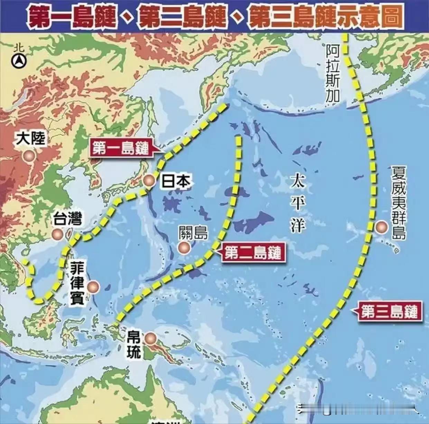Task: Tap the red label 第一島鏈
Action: pyautogui.click(x=121, y=149)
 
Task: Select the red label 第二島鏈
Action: pyautogui.click(x=252, y=253)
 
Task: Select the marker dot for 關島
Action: pyautogui.click(x=184, y=247)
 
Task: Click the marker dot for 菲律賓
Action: pyautogui.click(x=93, y=286)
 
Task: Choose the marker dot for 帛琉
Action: pyautogui.click(x=151, y=338)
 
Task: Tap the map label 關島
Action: pyautogui.click(x=193, y=233)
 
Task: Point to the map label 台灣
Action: pyautogui.click(x=67, y=219)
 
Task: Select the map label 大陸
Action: pyautogui.click(x=31, y=139)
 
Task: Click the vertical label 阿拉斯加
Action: pyautogui.click(x=333, y=74)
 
